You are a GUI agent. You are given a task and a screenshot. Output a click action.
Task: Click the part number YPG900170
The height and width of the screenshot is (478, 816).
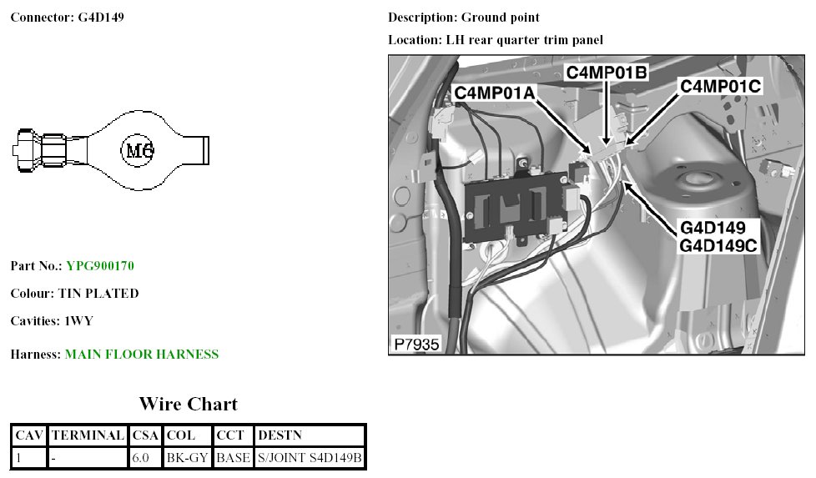(x=100, y=266)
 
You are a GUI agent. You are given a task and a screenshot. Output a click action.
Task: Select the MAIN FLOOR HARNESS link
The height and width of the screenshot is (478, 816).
(x=142, y=355)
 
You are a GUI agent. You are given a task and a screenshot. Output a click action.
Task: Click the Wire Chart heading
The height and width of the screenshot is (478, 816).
(x=188, y=405)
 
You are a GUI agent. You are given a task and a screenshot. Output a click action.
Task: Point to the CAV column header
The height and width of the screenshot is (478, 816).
(x=29, y=435)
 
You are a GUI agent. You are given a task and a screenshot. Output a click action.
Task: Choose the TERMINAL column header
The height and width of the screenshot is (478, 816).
(x=88, y=435)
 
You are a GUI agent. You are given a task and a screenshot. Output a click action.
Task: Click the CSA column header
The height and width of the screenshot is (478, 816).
(x=145, y=435)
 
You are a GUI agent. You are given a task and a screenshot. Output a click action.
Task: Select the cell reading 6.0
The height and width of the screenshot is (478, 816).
(x=140, y=458)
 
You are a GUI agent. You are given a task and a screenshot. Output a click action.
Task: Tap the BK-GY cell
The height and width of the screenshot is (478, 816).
(x=187, y=458)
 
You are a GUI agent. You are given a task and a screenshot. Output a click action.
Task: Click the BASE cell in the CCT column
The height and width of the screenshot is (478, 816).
(x=233, y=458)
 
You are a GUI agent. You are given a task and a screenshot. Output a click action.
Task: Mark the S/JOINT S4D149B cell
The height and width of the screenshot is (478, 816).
(x=310, y=458)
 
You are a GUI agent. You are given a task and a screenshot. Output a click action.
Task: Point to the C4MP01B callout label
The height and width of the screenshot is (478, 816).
(x=607, y=73)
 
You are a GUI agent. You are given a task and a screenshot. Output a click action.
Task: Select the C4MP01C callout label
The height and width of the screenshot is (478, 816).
(x=720, y=86)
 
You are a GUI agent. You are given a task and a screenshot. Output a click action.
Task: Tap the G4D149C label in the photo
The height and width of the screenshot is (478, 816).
(x=718, y=246)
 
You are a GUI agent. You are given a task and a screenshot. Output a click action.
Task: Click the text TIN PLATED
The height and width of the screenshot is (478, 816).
(x=98, y=294)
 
